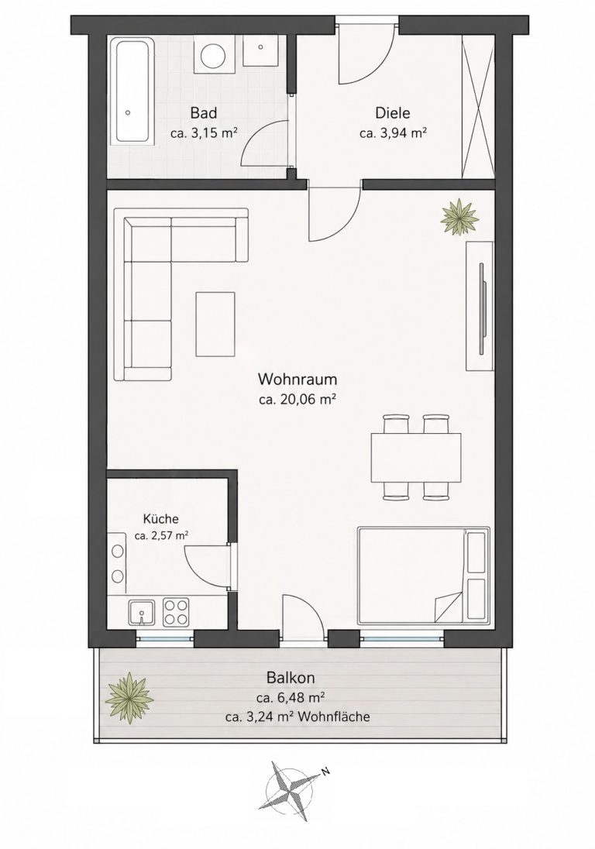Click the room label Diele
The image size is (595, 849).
[393, 113]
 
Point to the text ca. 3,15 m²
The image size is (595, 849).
[205, 132]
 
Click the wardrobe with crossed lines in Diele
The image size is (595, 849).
[478, 105]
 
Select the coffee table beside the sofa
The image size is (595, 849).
[215, 324]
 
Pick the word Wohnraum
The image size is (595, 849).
[297, 378]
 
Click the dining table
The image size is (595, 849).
[416, 458]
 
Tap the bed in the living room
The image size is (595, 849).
[423, 576]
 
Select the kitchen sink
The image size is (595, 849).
[141, 613]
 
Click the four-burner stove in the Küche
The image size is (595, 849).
[177, 612]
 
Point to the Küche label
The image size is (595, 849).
[161, 519]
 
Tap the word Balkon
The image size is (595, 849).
[291, 677]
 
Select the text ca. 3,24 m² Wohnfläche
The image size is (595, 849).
[297, 717]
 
